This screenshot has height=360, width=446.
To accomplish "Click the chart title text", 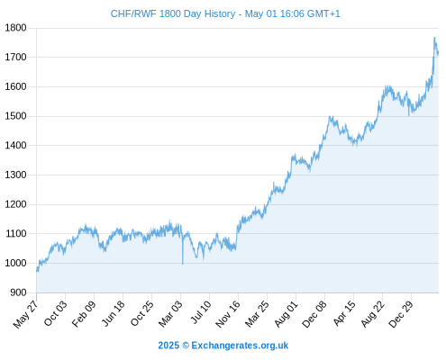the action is pyautogui.click(x=225, y=13).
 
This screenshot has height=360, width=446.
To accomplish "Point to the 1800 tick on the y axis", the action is pyautogui.click(x=15, y=28).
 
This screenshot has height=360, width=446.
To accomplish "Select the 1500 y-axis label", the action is pyautogui.click(x=15, y=116).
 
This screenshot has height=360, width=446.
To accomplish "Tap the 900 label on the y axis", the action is pyautogui.click(x=18, y=292).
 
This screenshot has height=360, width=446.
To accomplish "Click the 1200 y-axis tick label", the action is pyautogui.click(x=15, y=204).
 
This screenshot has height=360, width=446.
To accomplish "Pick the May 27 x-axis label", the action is pyautogui.click(x=25, y=314).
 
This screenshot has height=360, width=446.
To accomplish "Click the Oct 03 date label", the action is pyautogui.click(x=55, y=313).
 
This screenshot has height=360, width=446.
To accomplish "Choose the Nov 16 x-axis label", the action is pyautogui.click(x=228, y=314).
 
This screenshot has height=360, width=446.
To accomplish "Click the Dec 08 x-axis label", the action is pyautogui.click(x=314, y=314).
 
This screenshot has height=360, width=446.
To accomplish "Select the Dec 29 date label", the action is pyautogui.click(x=401, y=314).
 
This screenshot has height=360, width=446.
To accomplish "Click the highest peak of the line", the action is pyautogui.click(x=434, y=38).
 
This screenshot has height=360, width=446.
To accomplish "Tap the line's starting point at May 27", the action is pyautogui.click(x=37, y=271).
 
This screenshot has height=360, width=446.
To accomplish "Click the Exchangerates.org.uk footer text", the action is pyautogui.click(x=240, y=346).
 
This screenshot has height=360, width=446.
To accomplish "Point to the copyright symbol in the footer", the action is pyautogui.click(x=186, y=346).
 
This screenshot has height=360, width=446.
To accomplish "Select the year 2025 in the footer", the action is pyautogui.click(x=168, y=346).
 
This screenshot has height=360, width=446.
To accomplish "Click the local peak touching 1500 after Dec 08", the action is pyautogui.click(x=331, y=117).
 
